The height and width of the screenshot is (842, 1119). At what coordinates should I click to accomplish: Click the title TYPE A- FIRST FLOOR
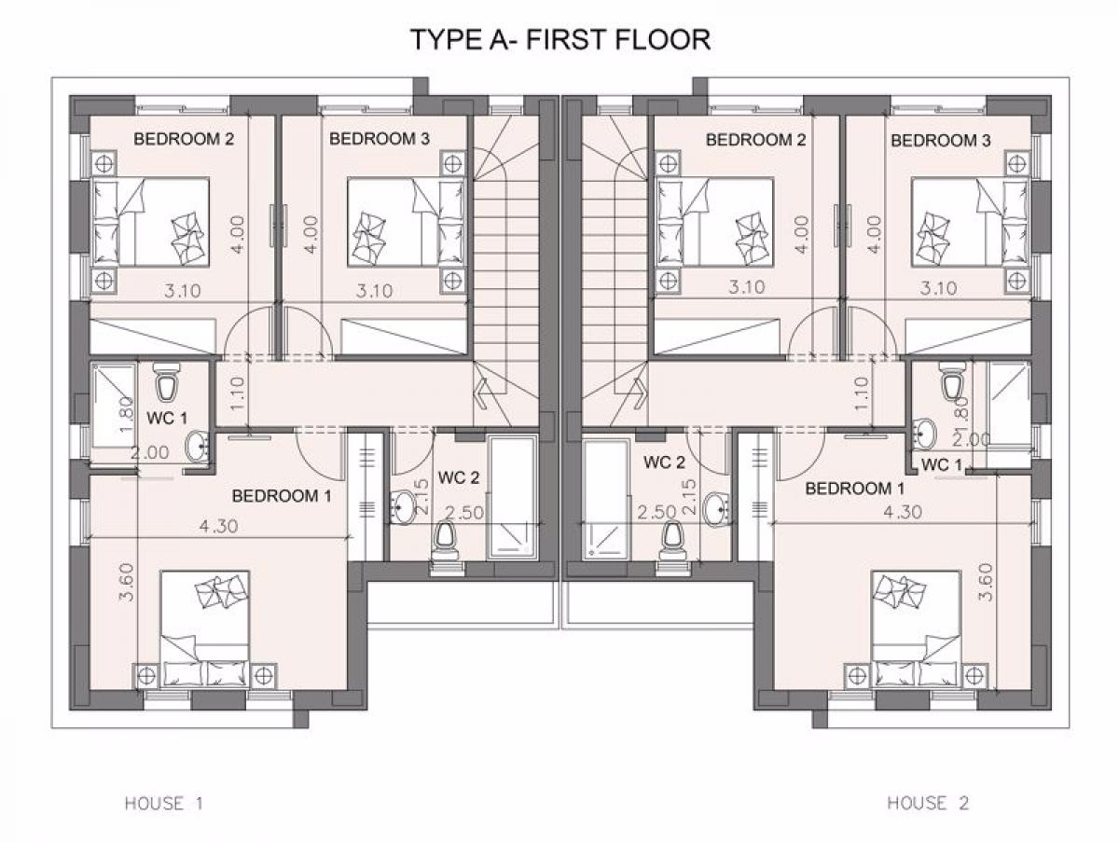pyautogui.click(x=560, y=40)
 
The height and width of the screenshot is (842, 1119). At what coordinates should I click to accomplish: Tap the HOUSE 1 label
pyautogui.click(x=163, y=803)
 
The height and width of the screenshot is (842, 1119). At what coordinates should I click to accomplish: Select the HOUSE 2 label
pyautogui.click(x=928, y=803)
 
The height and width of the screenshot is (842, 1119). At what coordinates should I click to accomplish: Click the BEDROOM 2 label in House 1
pyautogui.click(x=184, y=139)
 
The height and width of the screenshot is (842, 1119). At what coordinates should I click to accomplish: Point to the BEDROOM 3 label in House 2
pyautogui.click(x=941, y=140)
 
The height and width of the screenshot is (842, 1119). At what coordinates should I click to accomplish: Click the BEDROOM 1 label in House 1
pyautogui.click(x=282, y=495)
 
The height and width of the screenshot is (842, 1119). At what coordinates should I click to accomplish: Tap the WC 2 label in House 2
pyautogui.click(x=664, y=462)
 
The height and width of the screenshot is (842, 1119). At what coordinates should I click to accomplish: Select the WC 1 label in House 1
pyautogui.click(x=167, y=419)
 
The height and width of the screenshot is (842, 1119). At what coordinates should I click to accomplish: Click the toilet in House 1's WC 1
pyautogui.click(x=165, y=381)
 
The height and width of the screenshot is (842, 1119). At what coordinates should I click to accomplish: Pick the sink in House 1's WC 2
pyautogui.click(x=405, y=506)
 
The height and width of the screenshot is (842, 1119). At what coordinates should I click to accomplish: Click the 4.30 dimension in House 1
pyautogui.click(x=218, y=526)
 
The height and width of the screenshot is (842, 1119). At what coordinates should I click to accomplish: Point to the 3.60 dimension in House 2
pyautogui.click(x=987, y=582)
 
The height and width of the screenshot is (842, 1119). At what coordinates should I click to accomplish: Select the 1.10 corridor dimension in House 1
pyautogui.click(x=238, y=394)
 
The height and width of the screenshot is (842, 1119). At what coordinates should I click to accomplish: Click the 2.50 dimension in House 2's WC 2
pyautogui.click(x=656, y=512)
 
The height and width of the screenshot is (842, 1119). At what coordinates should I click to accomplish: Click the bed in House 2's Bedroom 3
pyautogui.click(x=969, y=222)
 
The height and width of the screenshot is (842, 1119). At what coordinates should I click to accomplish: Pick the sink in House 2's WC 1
pyautogui.click(x=924, y=435)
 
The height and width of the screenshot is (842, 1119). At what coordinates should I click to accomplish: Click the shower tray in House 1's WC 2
pyautogui.click(x=511, y=498)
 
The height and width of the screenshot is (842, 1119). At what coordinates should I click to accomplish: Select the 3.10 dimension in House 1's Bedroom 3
pyautogui.click(x=374, y=291)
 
